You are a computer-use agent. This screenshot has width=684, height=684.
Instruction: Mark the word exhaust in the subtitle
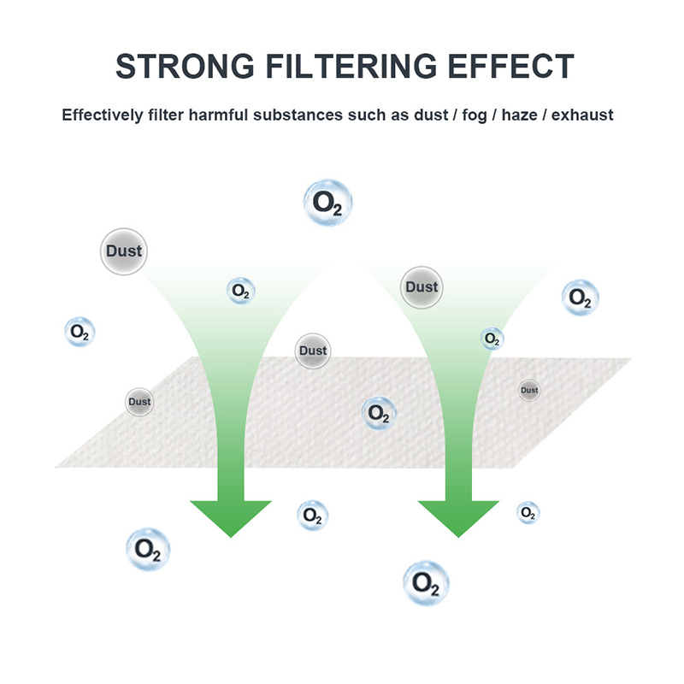(582, 115)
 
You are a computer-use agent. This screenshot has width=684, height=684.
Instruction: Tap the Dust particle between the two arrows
(313, 351)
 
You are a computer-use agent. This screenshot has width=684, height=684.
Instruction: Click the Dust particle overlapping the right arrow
(422, 287)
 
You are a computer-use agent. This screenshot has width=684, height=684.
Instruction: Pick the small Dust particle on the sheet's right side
(529, 391)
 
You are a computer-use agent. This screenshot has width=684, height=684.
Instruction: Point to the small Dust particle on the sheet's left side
(139, 402)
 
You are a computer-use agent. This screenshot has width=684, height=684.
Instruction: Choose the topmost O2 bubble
(327, 203)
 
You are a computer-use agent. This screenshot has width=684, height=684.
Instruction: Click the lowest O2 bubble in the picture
(426, 584)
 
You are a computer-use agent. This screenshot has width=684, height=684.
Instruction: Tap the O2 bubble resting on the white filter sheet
(378, 414)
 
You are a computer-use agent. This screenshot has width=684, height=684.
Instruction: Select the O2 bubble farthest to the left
(80, 332)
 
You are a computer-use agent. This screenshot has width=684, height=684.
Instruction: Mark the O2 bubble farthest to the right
(580, 298)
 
